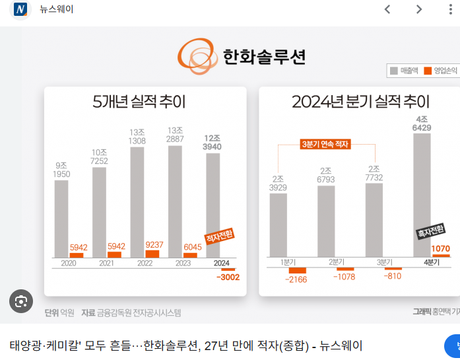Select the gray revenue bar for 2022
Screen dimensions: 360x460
point(137,201)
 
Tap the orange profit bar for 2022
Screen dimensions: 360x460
point(152,254)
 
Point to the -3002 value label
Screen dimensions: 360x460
point(228,277)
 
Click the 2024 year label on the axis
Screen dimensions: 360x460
point(222,263)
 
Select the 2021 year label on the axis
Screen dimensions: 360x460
point(106,263)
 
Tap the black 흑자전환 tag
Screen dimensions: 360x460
point(431,231)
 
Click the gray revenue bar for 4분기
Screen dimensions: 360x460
point(422,195)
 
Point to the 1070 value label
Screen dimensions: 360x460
point(440,249)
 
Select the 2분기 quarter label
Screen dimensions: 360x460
point(337,262)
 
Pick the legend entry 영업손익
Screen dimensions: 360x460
point(440,71)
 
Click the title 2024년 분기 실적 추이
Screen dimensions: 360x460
point(360,102)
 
